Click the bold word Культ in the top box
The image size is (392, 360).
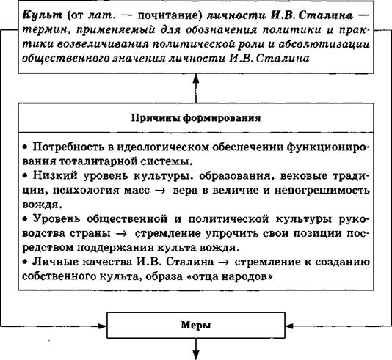tap(43, 15)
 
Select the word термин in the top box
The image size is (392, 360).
tap(45, 30)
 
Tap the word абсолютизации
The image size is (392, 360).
tap(324, 44)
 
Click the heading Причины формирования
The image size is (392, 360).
tap(196, 118)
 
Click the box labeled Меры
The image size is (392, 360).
tap(196, 325)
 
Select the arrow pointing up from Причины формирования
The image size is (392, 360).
tap(196, 88)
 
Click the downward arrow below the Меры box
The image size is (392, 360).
tap(196, 349)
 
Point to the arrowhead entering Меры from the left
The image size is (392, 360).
tap(103, 326)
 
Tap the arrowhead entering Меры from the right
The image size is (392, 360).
tap(289, 326)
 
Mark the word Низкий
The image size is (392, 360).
tap(55, 175)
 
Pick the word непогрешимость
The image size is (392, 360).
tap(322, 190)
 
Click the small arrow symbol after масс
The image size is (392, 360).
tap(160, 191)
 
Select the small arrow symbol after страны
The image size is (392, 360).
tap(123, 234)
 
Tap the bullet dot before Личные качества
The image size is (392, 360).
tap(25, 262)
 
